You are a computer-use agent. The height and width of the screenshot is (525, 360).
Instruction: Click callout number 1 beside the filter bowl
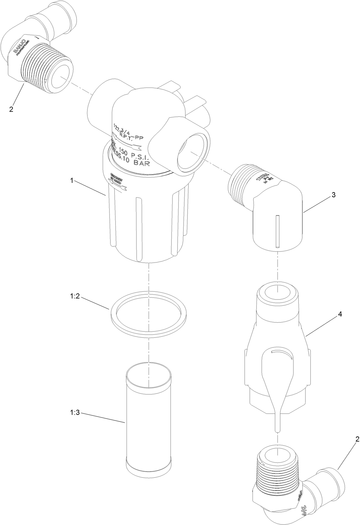pos(72,181)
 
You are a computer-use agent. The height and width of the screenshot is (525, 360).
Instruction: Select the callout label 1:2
pos(74,296)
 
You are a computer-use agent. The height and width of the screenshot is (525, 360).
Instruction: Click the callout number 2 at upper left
pos(11,109)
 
